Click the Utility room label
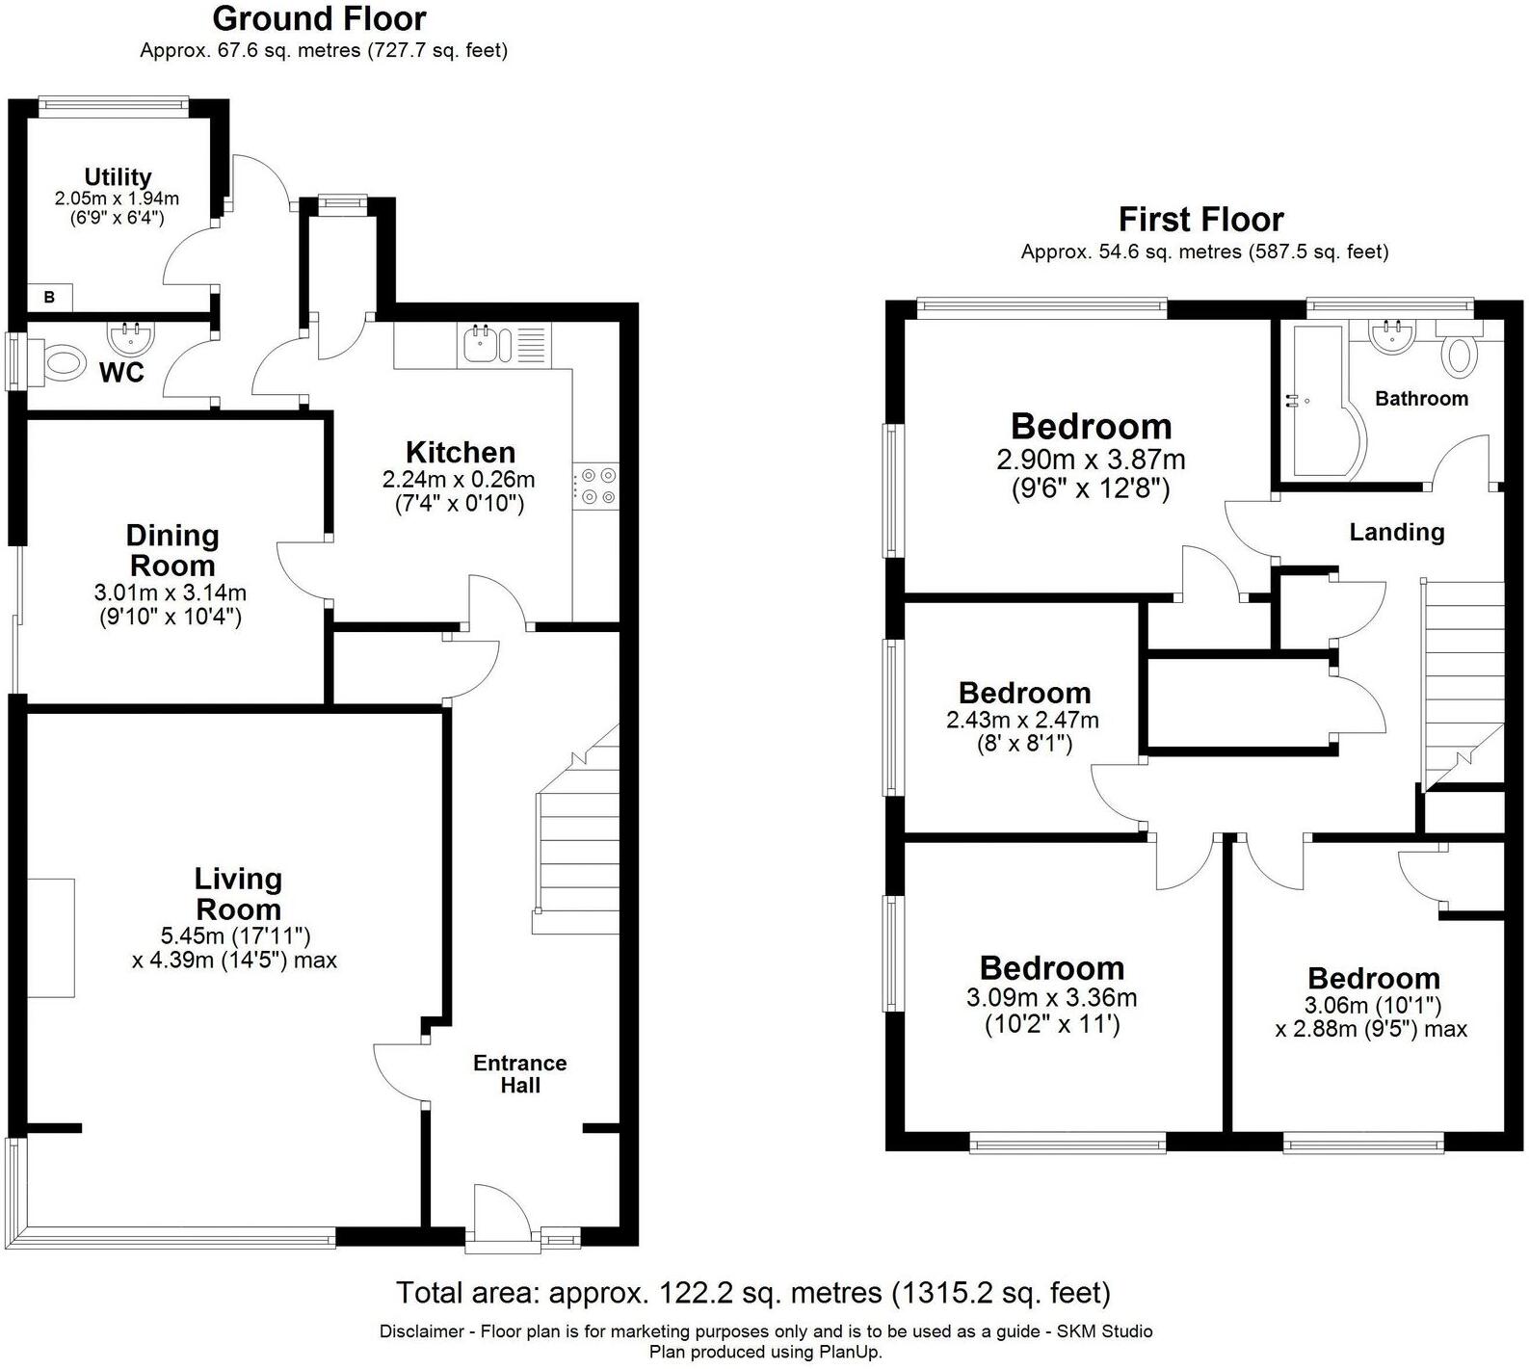(118, 177)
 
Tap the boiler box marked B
(49, 299)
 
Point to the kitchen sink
(481, 344)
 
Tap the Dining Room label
(172, 550)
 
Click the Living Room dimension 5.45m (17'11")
(235, 935)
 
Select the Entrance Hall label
(519, 1073)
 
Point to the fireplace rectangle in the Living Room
(51, 937)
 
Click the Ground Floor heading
(319, 18)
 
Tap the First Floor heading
(1200, 220)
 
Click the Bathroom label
(1421, 399)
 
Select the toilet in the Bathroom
(1458, 354)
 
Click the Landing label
(1396, 532)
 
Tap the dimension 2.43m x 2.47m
(1022, 720)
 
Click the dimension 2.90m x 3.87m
(1091, 460)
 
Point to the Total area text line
(752, 1292)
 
